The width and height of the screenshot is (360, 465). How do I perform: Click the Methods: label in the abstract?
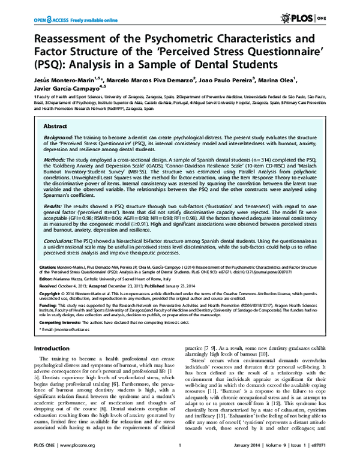[x=55, y=160]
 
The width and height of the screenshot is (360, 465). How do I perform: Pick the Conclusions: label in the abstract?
[x=60, y=239]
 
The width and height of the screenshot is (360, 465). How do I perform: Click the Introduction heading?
[x=52, y=349]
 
